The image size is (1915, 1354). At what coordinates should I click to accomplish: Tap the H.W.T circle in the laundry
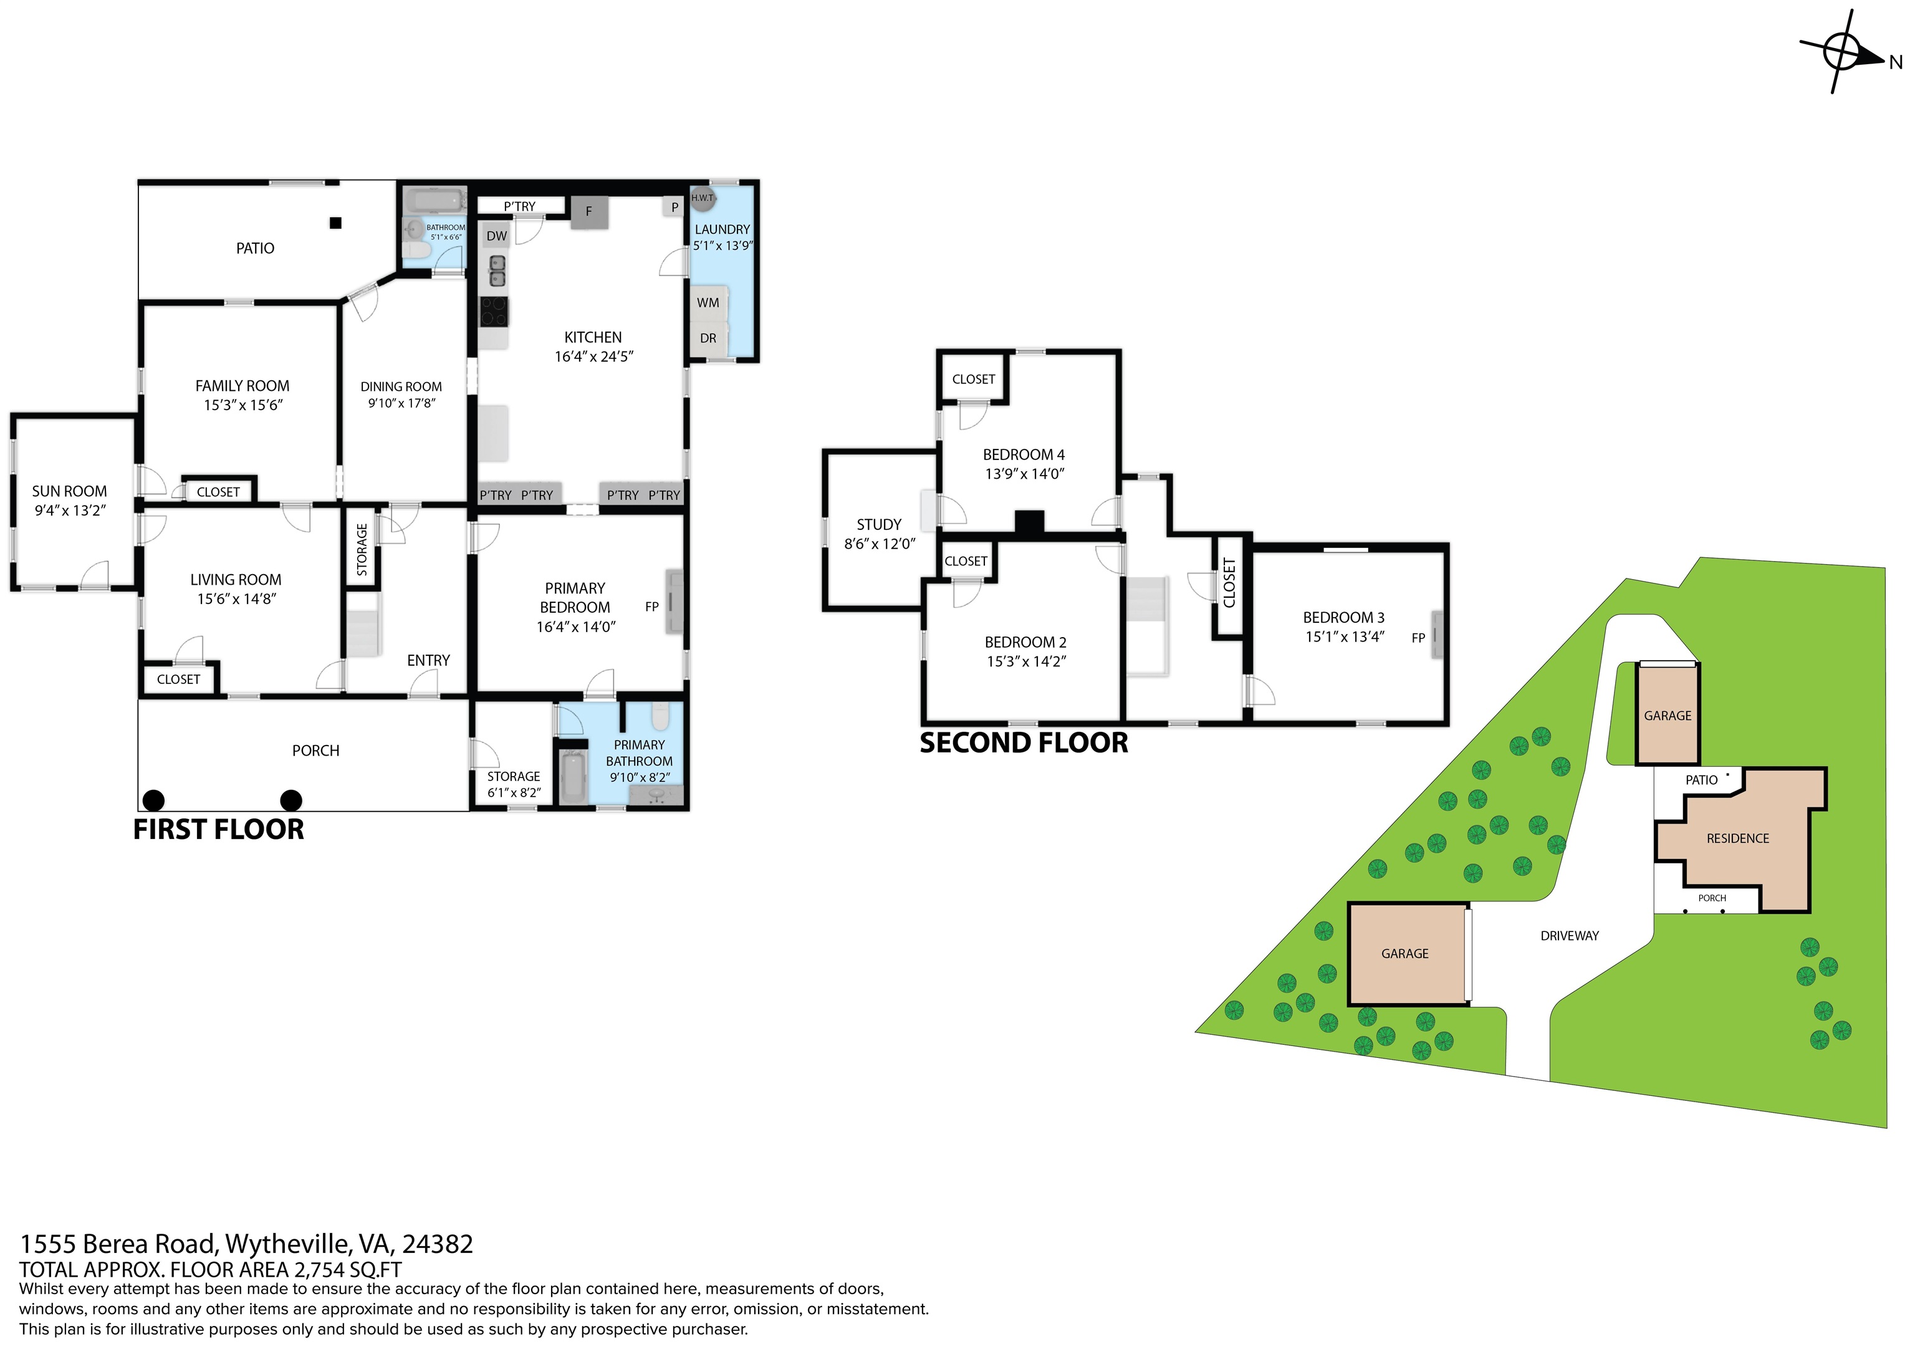coord(703,199)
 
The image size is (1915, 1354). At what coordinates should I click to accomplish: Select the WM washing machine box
coord(709,303)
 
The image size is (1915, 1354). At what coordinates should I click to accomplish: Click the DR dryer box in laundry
coord(709,338)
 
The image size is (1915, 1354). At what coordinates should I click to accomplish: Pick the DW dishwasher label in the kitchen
coord(497,236)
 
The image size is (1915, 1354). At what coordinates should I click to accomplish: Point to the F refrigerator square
coord(589,212)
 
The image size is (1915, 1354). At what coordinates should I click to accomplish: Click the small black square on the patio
coord(335,223)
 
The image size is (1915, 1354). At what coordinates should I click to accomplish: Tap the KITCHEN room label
coord(593,337)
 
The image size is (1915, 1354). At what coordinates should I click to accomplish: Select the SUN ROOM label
coord(69,491)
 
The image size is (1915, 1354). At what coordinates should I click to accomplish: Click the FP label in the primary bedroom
coord(652,607)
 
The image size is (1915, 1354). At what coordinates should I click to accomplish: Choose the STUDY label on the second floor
coord(879,525)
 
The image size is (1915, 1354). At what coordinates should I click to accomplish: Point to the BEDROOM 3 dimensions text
coord(1345,636)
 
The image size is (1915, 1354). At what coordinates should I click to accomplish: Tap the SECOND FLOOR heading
coord(1024,742)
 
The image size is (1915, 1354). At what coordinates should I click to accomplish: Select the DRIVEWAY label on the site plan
coord(1570,936)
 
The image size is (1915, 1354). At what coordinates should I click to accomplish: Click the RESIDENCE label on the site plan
coord(1737,838)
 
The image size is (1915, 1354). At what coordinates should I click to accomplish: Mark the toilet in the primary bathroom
coord(660,717)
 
